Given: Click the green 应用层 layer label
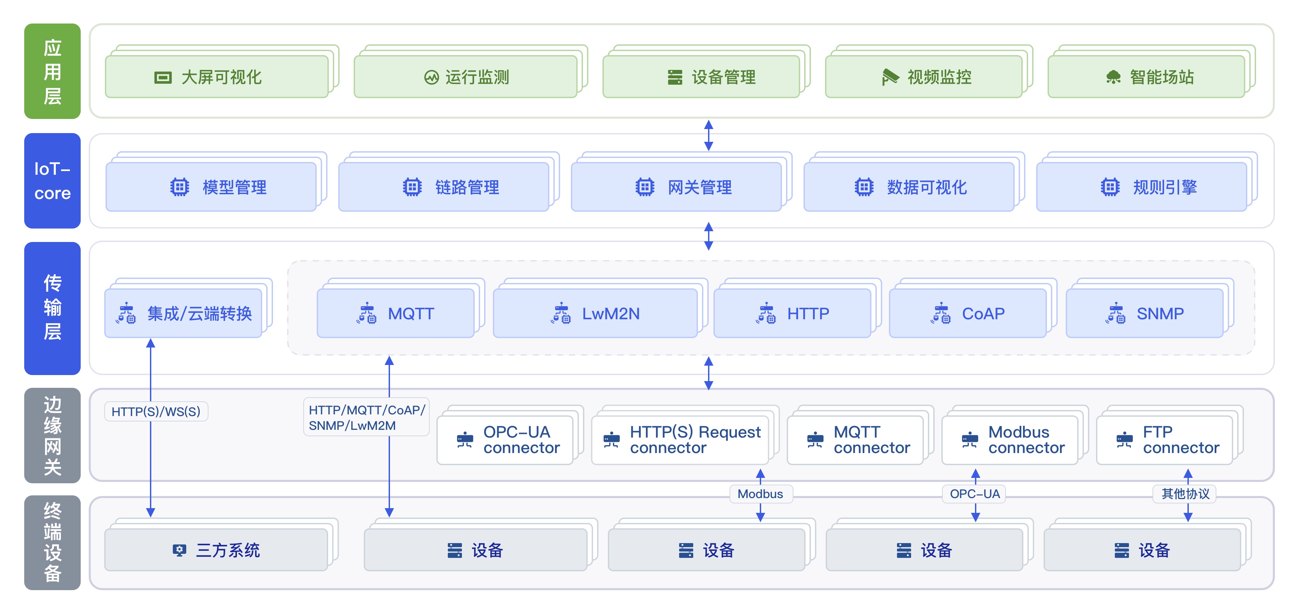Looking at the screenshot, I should pos(52,71).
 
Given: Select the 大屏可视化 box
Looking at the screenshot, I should pos(217,77).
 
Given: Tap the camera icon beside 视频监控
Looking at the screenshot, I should pos(890,77).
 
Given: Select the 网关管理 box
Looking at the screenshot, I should pos(676,187).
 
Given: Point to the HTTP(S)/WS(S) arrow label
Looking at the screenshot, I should pos(156,412).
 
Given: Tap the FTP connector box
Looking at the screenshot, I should pos(1165,440).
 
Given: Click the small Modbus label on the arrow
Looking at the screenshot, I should pos(760,494).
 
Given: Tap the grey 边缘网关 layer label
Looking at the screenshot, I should pos(52,435).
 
